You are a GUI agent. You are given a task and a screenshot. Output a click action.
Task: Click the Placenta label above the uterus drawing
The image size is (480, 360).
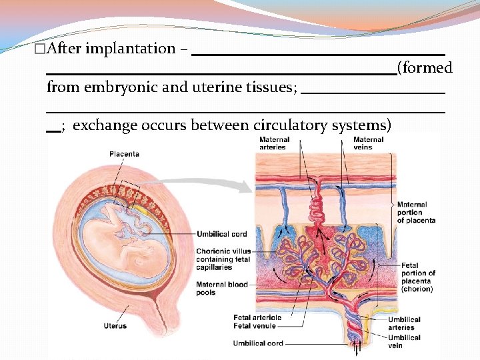(124, 154)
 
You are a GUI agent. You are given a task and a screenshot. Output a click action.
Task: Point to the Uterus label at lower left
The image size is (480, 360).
(115, 326)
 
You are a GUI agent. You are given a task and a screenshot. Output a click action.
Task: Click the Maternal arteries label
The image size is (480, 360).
(274, 143)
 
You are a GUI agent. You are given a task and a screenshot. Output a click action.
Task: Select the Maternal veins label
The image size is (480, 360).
(368, 143)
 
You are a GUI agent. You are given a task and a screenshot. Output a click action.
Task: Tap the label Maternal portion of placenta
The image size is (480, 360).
(416, 213)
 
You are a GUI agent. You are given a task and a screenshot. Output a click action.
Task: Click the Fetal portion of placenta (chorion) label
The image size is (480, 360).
(418, 277)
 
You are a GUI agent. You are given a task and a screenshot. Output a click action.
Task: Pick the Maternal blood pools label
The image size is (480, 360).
(221, 288)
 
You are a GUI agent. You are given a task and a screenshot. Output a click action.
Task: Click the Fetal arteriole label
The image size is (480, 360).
(257, 317)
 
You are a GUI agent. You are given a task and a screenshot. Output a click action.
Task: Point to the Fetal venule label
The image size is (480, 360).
(255, 326)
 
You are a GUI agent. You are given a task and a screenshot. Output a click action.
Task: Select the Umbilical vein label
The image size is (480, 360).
(404, 341)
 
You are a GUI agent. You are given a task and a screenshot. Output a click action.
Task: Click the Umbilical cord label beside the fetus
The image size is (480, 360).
(222, 234)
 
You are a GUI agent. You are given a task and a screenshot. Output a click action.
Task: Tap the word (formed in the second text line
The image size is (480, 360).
(425, 67)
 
